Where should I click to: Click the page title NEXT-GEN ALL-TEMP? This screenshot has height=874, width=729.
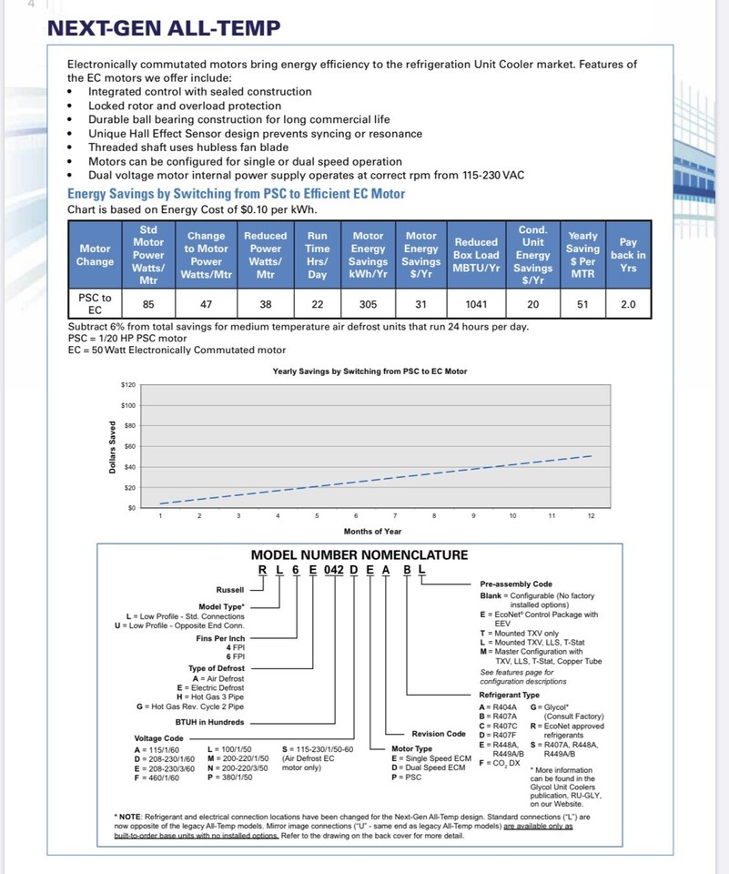164,28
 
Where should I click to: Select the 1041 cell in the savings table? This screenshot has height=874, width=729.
476,305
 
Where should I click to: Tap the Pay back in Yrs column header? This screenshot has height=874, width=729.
628,255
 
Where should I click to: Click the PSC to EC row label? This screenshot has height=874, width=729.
95,304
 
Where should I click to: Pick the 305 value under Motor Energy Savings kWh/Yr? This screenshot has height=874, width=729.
368,305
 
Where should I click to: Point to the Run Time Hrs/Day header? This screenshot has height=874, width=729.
317,255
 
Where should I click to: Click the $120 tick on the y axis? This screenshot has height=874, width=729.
127,385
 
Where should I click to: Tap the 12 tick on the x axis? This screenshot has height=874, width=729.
591,516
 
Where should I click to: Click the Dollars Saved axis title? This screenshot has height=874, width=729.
112,446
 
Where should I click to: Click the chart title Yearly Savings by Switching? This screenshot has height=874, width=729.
370,371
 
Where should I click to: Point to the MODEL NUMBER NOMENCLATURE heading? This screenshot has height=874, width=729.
359,554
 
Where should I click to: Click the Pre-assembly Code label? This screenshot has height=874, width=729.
515,584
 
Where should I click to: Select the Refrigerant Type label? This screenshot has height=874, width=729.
509,695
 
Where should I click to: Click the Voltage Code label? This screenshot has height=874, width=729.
158,737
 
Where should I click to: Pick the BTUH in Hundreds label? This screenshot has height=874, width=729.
209,722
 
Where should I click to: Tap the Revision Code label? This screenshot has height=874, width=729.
438,734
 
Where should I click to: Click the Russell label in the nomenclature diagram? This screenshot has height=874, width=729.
230,589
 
